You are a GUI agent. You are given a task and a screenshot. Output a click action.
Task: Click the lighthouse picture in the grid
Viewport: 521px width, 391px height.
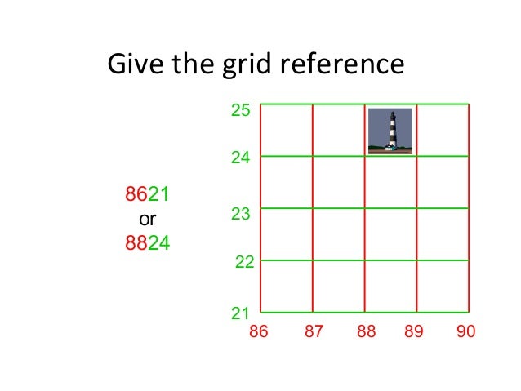390,131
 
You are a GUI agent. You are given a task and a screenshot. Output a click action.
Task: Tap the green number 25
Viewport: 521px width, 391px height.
240,110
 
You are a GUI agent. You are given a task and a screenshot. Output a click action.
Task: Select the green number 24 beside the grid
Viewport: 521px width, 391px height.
240,158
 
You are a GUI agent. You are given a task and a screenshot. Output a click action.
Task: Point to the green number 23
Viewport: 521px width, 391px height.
240,215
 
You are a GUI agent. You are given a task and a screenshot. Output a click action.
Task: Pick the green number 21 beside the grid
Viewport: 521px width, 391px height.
240,313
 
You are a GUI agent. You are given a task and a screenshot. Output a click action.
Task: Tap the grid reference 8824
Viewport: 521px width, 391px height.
147,242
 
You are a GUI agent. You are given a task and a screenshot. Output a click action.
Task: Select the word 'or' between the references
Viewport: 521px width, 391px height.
147,219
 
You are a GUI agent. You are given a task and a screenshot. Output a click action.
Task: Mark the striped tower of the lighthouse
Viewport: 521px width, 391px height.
391,131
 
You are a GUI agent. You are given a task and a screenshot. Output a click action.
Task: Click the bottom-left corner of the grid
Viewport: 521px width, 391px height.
260,312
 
